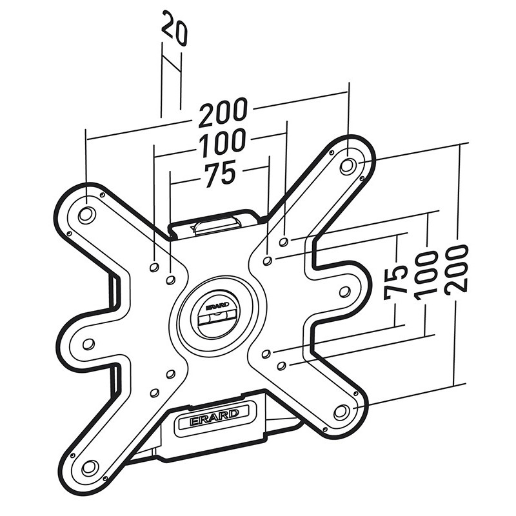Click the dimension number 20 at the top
click(x=174, y=28)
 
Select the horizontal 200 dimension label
click(x=223, y=112)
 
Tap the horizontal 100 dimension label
click(x=223, y=143)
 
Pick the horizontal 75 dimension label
click(x=220, y=174)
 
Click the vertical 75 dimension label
click(x=396, y=284)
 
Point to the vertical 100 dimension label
click(x=426, y=275)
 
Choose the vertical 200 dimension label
click(x=456, y=268)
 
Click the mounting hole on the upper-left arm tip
click(x=86, y=215)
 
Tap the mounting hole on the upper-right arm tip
click(x=348, y=166)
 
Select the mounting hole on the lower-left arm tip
click(x=90, y=467)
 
